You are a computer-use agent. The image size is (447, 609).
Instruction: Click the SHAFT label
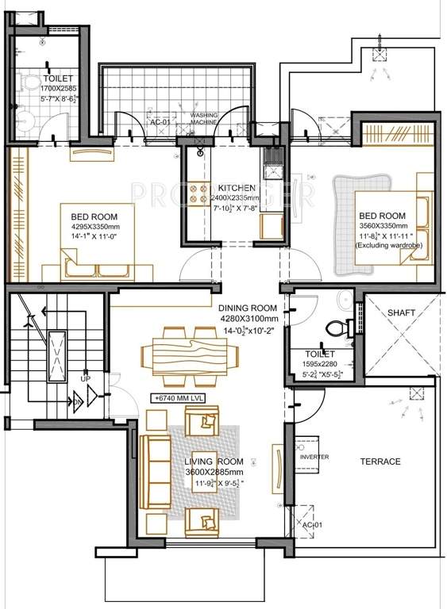(x=401, y=313)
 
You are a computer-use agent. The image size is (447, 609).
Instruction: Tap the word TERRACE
(x=380, y=462)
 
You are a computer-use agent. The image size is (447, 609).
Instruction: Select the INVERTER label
(x=314, y=457)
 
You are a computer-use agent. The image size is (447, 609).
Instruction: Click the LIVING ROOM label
(x=214, y=462)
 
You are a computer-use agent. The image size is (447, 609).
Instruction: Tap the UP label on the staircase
(x=84, y=379)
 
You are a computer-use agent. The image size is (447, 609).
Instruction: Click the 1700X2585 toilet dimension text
(x=59, y=90)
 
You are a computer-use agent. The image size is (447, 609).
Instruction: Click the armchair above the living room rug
(x=201, y=420)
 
